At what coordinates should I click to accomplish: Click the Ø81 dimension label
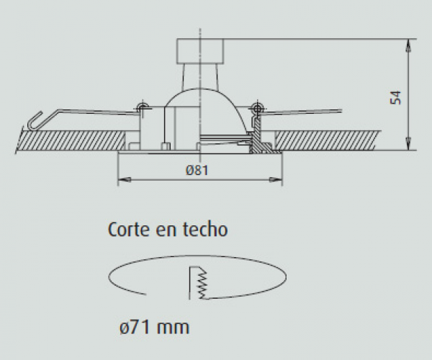click(x=197, y=170)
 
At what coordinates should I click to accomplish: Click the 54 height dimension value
click(x=395, y=97)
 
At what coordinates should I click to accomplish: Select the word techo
click(x=205, y=230)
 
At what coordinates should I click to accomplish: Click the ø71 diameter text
click(x=135, y=327)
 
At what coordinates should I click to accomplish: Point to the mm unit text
click(x=173, y=328)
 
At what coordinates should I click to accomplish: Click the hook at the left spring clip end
click(x=35, y=121)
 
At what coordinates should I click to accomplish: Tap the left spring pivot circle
click(x=143, y=107)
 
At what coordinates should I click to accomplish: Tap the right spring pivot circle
click(x=258, y=107)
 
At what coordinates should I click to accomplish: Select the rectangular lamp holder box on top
click(x=200, y=51)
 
